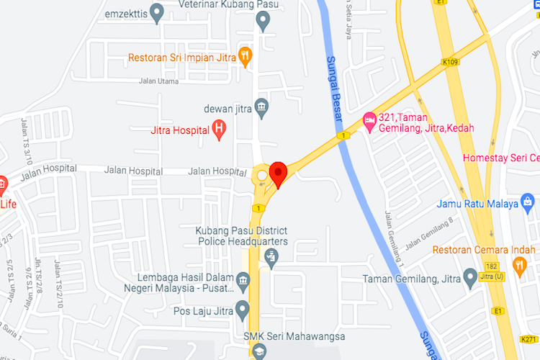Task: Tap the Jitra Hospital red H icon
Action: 220,130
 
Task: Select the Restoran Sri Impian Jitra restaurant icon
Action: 246,54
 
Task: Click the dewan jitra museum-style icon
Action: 262,108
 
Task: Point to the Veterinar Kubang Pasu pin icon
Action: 263,21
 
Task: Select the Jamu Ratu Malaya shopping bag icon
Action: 528,203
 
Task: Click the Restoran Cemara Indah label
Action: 484,250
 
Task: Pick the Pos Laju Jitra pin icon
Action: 243,311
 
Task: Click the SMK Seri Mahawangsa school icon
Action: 258,351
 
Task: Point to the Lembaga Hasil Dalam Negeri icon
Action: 243,279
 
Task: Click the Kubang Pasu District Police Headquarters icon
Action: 271,256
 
